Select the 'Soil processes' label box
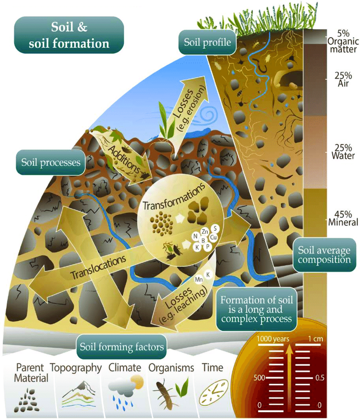pos(48,162)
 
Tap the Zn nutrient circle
pos(205,232)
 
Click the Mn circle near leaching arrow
pos(198,279)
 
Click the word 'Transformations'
pos(174,197)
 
